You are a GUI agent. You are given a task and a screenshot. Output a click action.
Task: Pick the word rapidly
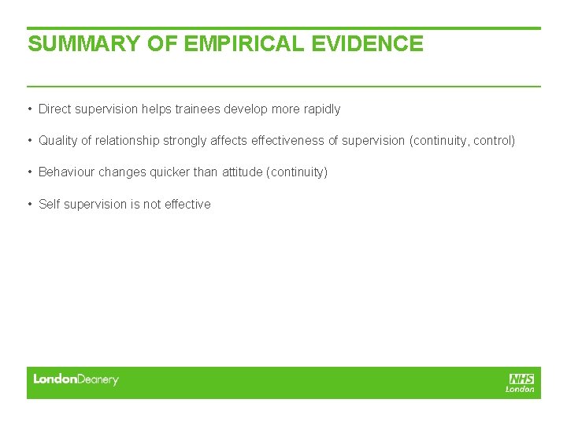(x=322, y=109)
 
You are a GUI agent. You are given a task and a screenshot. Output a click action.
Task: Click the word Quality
(x=57, y=141)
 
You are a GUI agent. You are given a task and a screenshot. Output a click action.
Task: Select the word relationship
(x=128, y=141)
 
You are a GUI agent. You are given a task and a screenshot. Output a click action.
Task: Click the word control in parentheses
(x=493, y=141)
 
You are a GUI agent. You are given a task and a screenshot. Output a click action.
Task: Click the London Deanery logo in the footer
(x=76, y=379)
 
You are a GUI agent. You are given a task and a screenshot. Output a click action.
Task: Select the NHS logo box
(x=521, y=379)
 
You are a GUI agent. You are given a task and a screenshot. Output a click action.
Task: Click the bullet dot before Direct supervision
(x=29, y=109)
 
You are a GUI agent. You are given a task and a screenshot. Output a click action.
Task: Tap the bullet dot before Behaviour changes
(x=29, y=172)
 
